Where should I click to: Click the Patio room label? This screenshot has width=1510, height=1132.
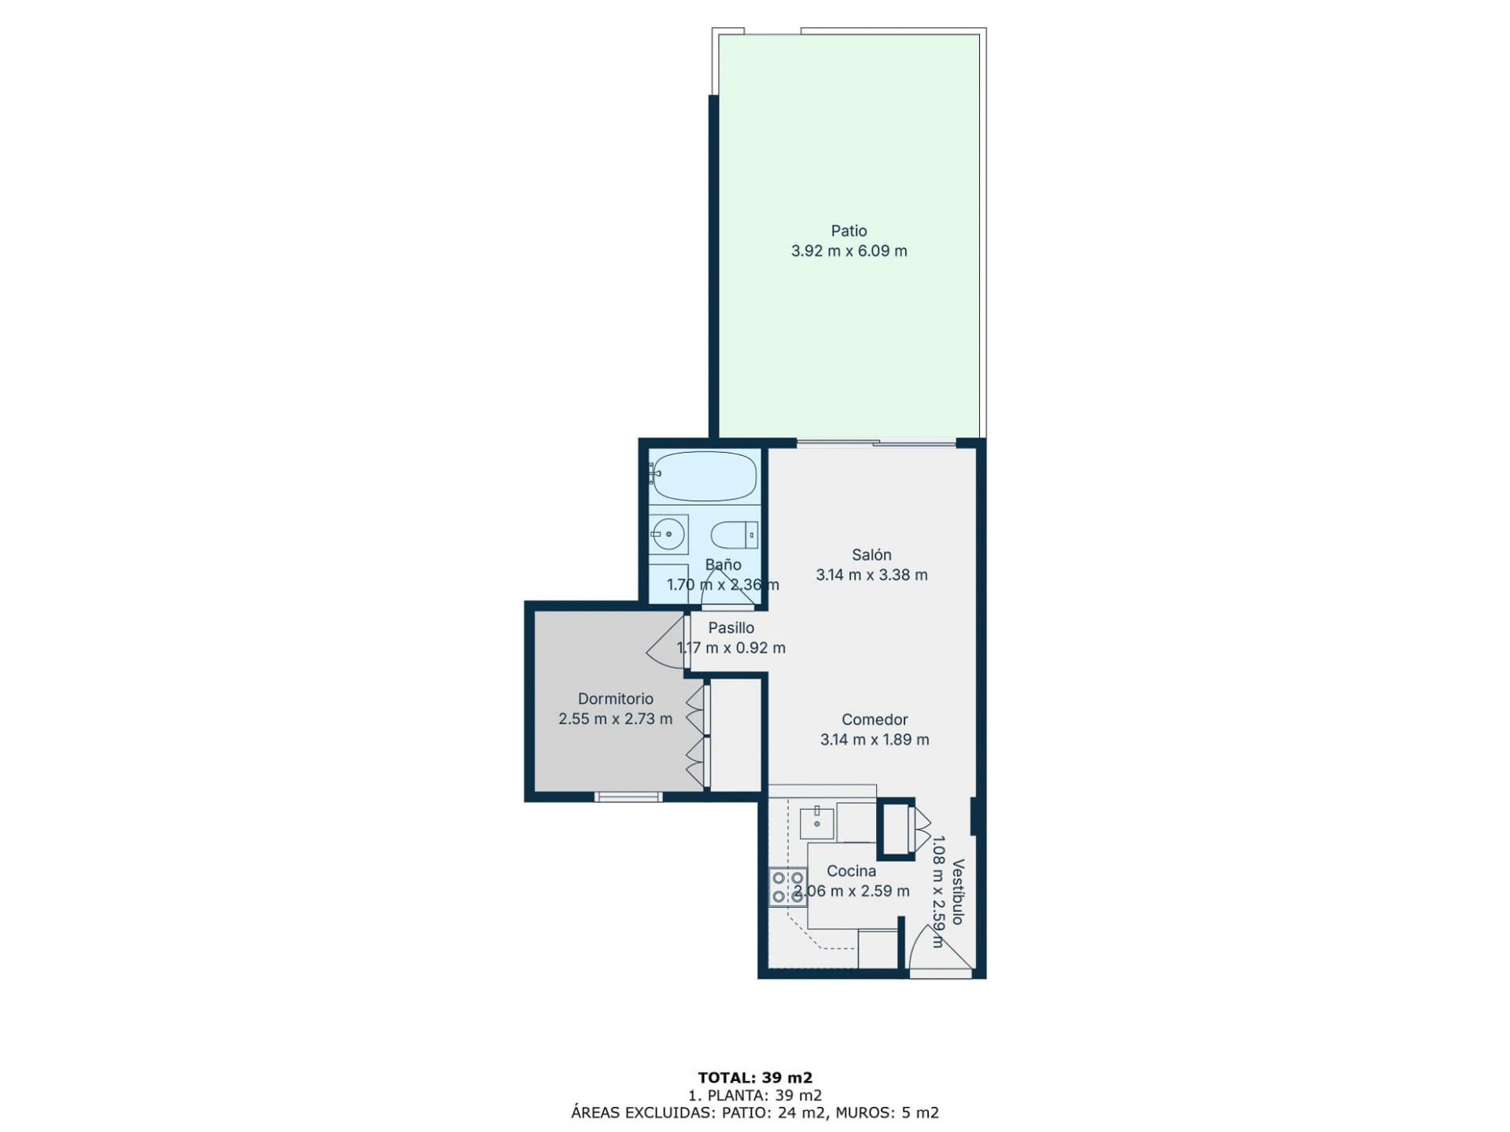(849, 231)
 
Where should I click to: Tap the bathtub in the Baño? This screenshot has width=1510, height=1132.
(704, 476)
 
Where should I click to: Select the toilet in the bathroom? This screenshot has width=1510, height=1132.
(735, 536)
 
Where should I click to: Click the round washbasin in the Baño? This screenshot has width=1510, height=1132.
(668, 535)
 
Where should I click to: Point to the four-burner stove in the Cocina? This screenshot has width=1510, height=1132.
(787, 887)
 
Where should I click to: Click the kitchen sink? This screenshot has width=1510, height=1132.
(816, 822)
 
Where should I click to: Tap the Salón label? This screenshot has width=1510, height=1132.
(871, 555)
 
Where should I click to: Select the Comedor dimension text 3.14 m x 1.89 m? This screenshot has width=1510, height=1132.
(875, 740)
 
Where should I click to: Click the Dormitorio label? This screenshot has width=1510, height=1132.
(615, 699)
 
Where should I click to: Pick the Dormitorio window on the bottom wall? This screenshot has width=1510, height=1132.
(628, 797)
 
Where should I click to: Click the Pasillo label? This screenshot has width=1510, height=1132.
(731, 628)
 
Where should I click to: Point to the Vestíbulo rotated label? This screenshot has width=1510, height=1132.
(958, 891)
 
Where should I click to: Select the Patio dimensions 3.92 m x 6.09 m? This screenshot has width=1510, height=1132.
(849, 252)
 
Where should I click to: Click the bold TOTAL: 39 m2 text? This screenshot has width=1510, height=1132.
(755, 1078)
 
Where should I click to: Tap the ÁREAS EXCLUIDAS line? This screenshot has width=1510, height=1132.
(755, 1112)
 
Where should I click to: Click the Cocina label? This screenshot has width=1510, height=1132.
(851, 871)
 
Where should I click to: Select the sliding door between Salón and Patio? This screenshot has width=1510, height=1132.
(876, 443)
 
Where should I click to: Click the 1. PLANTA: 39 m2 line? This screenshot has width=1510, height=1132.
(755, 1095)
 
